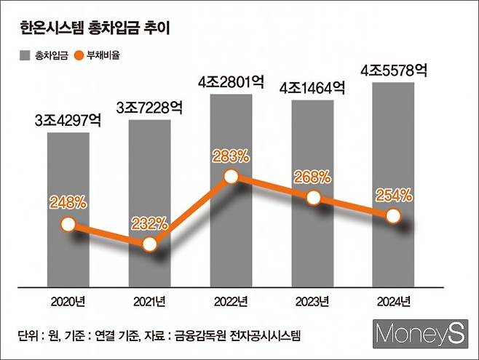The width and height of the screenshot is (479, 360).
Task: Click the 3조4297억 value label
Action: (68, 121)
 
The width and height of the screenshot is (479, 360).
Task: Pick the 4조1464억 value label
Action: (312, 88)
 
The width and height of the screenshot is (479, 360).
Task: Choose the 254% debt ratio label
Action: (394, 195)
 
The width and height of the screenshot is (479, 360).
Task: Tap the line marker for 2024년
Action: (394, 216)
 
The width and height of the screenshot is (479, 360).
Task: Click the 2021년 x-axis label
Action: (149, 300)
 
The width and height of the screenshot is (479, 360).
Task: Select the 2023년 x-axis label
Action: (312, 300)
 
